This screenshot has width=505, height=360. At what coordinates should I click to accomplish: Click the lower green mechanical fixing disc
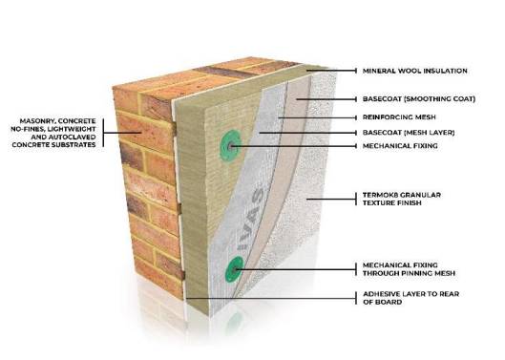pyautogui.click(x=232, y=269)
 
